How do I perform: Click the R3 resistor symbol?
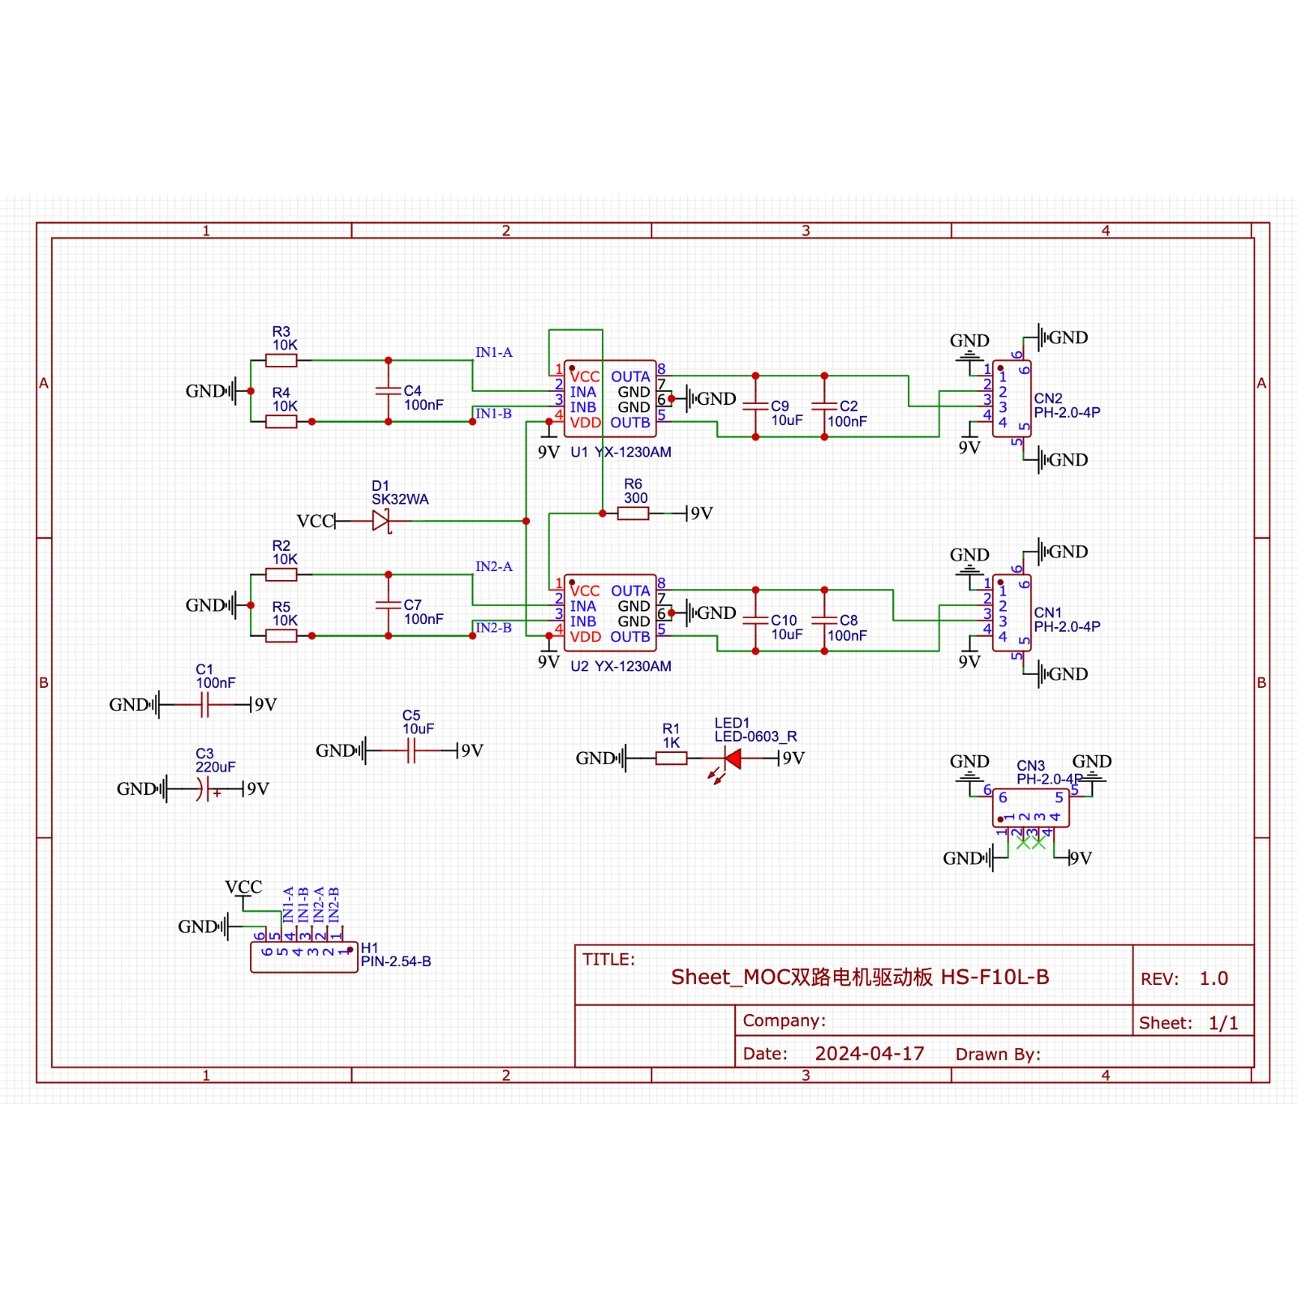(281, 360)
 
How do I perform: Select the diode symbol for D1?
(380, 521)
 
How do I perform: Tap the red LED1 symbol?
(733, 759)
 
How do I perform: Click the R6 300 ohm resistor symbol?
(633, 514)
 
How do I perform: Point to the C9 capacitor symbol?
(755, 406)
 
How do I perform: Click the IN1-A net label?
(493, 352)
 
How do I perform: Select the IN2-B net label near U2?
(493, 628)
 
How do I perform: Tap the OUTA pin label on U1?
(630, 376)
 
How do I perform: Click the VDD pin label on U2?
(585, 637)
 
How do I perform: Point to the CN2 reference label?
(1047, 398)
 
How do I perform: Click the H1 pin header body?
(304, 958)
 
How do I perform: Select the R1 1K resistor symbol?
(671, 759)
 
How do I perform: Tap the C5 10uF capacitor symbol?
(411, 751)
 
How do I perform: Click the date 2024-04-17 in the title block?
(869, 1053)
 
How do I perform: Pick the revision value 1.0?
(1214, 978)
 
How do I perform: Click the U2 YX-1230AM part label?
(621, 666)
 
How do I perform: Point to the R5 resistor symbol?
(281, 636)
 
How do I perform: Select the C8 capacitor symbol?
(824, 620)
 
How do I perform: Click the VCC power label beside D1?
(315, 521)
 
